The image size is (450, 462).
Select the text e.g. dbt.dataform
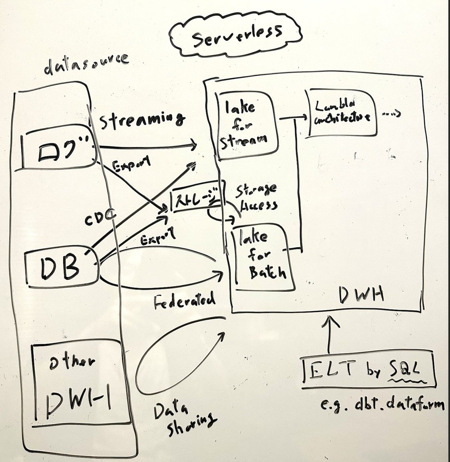point(385,405)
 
